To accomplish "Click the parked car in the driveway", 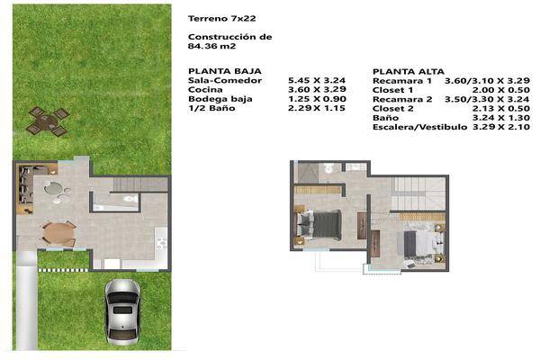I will pyautogui.click(x=121, y=310).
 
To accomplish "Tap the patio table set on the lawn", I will pyautogui.click(x=48, y=121).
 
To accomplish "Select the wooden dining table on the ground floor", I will pyautogui.click(x=58, y=233).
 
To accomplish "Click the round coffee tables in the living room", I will pyautogui.click(x=55, y=193).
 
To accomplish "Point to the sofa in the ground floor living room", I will pyautogui.click(x=25, y=186).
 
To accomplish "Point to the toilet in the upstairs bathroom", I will pyautogui.click(x=330, y=169).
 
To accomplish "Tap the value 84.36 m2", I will pyautogui.click(x=209, y=49).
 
